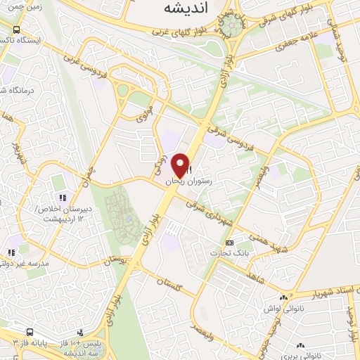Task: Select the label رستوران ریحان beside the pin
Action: [x=187, y=181]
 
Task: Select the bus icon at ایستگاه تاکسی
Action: [x=16, y=30]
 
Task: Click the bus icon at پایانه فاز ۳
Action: [x=30, y=331]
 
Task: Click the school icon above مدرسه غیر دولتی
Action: [x=11, y=252]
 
